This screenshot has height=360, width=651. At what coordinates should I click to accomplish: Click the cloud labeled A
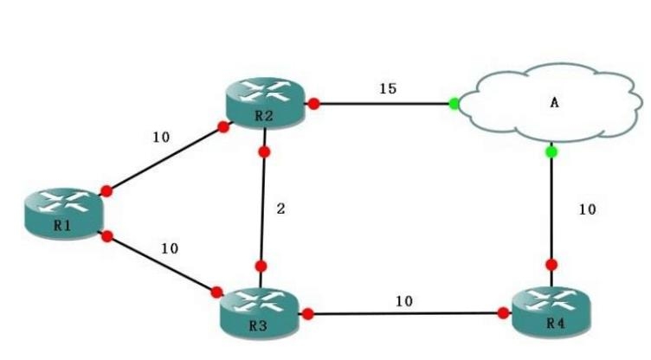pyautogui.click(x=552, y=104)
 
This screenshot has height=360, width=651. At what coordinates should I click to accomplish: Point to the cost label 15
pyautogui.click(x=388, y=87)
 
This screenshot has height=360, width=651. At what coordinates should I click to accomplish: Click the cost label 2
pyautogui.click(x=280, y=209)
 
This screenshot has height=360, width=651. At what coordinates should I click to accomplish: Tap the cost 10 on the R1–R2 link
pyautogui.click(x=162, y=137)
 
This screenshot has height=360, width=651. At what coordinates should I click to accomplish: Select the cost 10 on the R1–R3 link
pyautogui.click(x=170, y=248)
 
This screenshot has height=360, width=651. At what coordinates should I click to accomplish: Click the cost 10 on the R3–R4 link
pyautogui.click(x=404, y=301)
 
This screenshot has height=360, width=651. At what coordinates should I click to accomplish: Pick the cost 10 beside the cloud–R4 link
pyautogui.click(x=586, y=209)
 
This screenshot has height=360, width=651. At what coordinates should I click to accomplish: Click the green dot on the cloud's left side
pyautogui.click(x=454, y=105)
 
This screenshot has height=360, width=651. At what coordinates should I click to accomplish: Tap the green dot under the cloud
pyautogui.click(x=551, y=152)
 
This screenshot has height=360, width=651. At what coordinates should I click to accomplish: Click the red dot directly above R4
pyautogui.click(x=551, y=265)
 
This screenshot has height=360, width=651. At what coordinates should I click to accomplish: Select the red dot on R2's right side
pyautogui.click(x=314, y=104)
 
